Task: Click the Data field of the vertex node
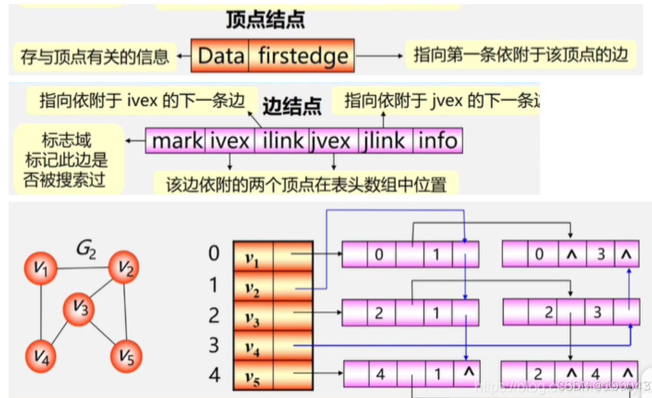coord(220,56)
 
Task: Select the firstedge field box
coord(302,56)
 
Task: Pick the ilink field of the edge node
coord(283,141)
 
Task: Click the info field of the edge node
coord(437,141)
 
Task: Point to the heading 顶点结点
coord(265,20)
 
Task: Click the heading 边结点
coord(292,106)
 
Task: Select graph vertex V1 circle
coord(41,268)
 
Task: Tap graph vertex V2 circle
coord(124,267)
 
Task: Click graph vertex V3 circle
coord(79,308)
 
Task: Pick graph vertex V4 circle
coord(41,356)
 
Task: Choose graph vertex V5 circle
coord(126,356)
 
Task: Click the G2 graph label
coord(86,249)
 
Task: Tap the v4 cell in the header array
coord(253,345)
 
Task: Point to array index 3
coord(214,345)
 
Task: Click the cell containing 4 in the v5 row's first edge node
coord(380,374)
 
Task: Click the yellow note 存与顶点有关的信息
coord(95,57)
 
